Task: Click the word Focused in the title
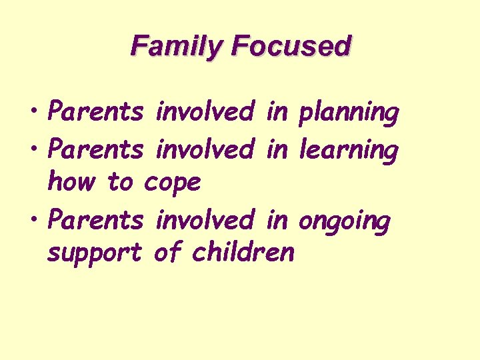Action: point(290,46)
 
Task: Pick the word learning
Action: point(348,150)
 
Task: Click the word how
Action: point(69,181)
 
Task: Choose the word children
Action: point(243,252)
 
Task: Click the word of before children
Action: point(166,252)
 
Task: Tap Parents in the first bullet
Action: point(96,112)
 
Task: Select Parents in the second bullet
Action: point(96,149)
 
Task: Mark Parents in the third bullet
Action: point(96,220)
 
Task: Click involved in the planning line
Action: point(204,112)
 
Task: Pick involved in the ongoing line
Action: point(204,220)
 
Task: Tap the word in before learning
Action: point(276,149)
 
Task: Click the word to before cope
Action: point(120,181)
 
